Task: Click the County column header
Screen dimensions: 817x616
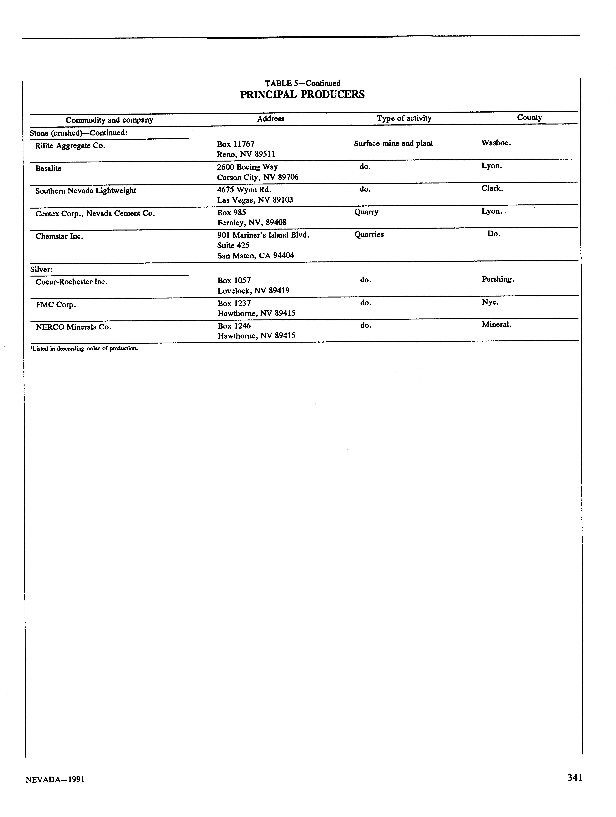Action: pyautogui.click(x=529, y=117)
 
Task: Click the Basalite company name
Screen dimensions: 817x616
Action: pyautogui.click(x=48, y=168)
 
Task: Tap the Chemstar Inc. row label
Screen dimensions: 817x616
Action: pyautogui.click(x=59, y=236)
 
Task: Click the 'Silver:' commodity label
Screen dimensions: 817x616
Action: pyautogui.click(x=41, y=270)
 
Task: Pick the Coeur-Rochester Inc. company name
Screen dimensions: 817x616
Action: pyautogui.click(x=71, y=282)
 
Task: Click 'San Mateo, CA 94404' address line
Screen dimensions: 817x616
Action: pyautogui.click(x=255, y=256)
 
